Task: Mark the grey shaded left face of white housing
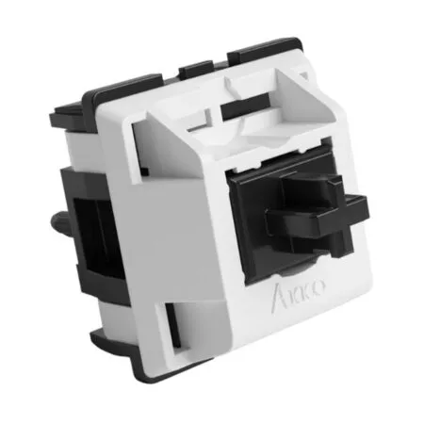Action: [141, 226]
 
